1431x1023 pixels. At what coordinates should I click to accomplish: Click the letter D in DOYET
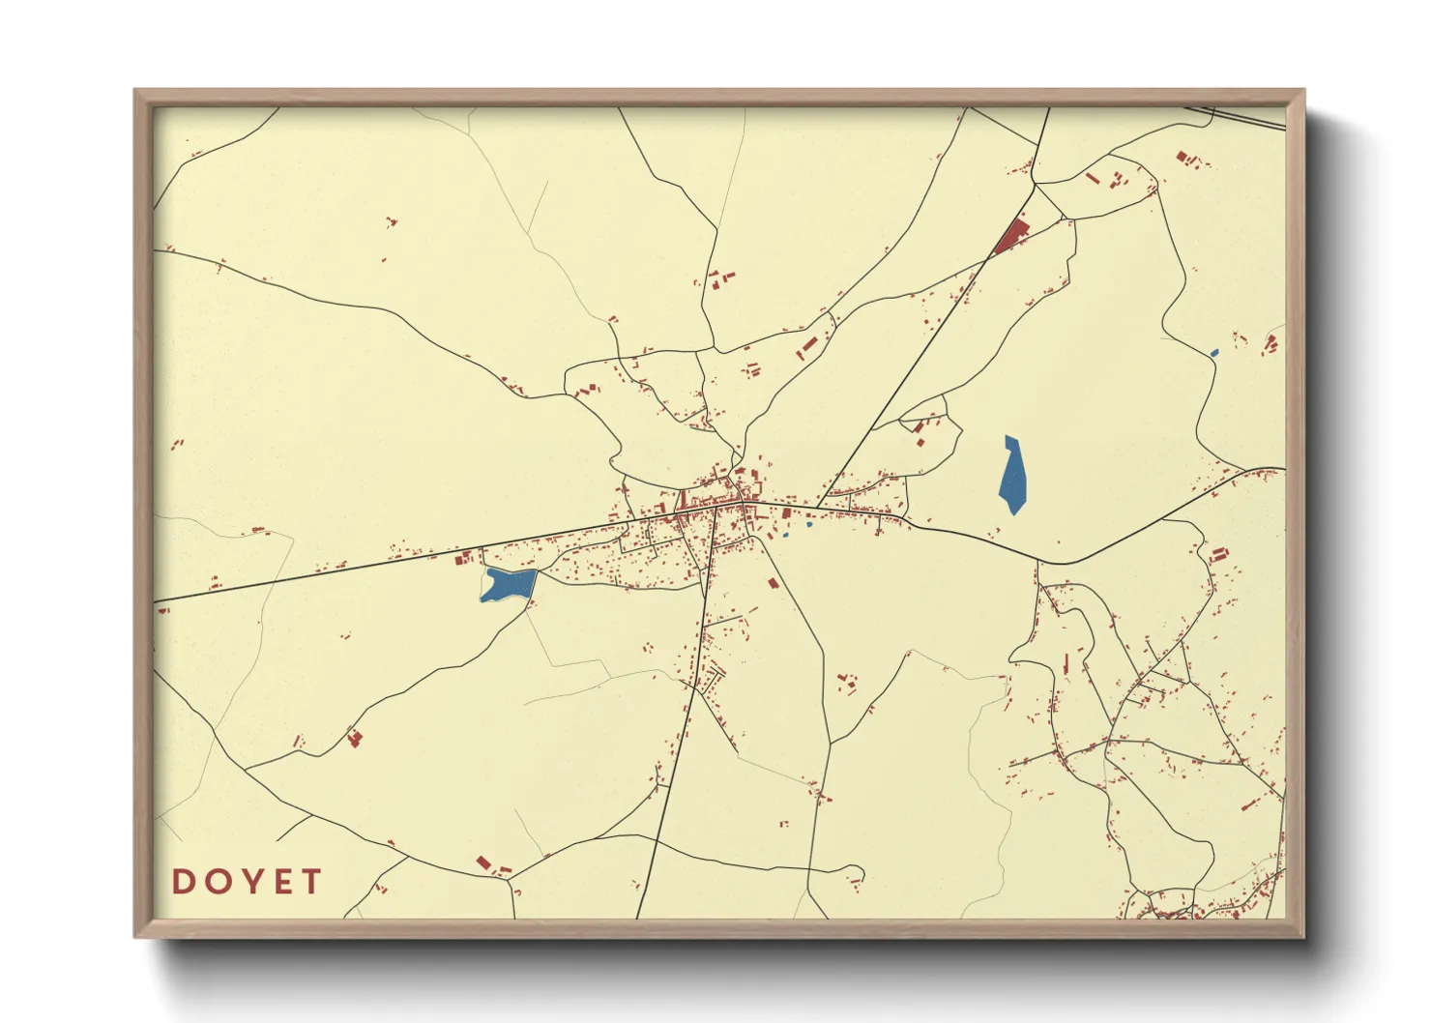coord(184,882)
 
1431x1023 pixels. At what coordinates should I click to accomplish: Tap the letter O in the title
coord(216,882)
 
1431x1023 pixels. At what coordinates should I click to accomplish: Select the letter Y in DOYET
coord(248,882)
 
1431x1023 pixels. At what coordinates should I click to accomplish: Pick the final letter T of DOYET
coord(310,882)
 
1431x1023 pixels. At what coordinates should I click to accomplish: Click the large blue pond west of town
coord(509,584)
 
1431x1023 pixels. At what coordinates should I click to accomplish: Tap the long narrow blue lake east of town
coord(1012,476)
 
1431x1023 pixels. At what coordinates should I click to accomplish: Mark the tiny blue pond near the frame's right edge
coord(1214,353)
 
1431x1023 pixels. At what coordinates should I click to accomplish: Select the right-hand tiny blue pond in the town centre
coord(808,525)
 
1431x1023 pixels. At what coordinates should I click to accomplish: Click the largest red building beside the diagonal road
coord(1013,235)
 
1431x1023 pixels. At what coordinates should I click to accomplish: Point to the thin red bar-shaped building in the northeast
coord(1092,178)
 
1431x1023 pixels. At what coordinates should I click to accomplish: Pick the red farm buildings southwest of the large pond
coord(355,739)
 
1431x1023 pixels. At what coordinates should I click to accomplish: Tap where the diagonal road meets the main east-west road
coord(818,508)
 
